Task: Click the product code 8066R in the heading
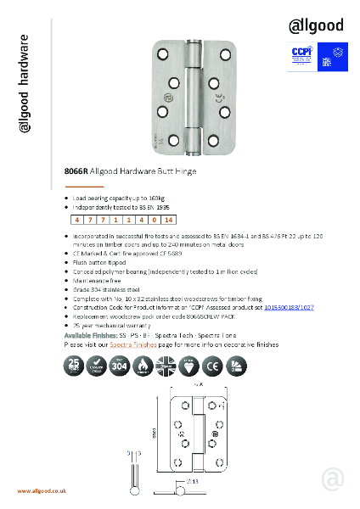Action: point(76,171)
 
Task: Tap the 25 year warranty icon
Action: point(75,366)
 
